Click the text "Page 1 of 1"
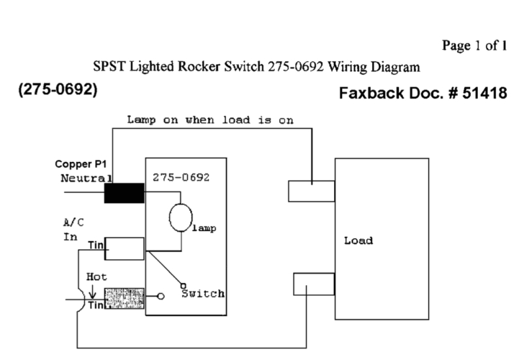point(474,46)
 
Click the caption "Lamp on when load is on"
point(209,120)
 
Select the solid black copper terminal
point(124,194)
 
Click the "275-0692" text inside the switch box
point(181,177)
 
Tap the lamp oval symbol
point(180,217)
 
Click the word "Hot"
point(97,276)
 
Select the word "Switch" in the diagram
point(202,294)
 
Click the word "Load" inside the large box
point(358,240)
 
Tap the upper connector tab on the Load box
point(311,191)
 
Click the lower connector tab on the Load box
point(313,284)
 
